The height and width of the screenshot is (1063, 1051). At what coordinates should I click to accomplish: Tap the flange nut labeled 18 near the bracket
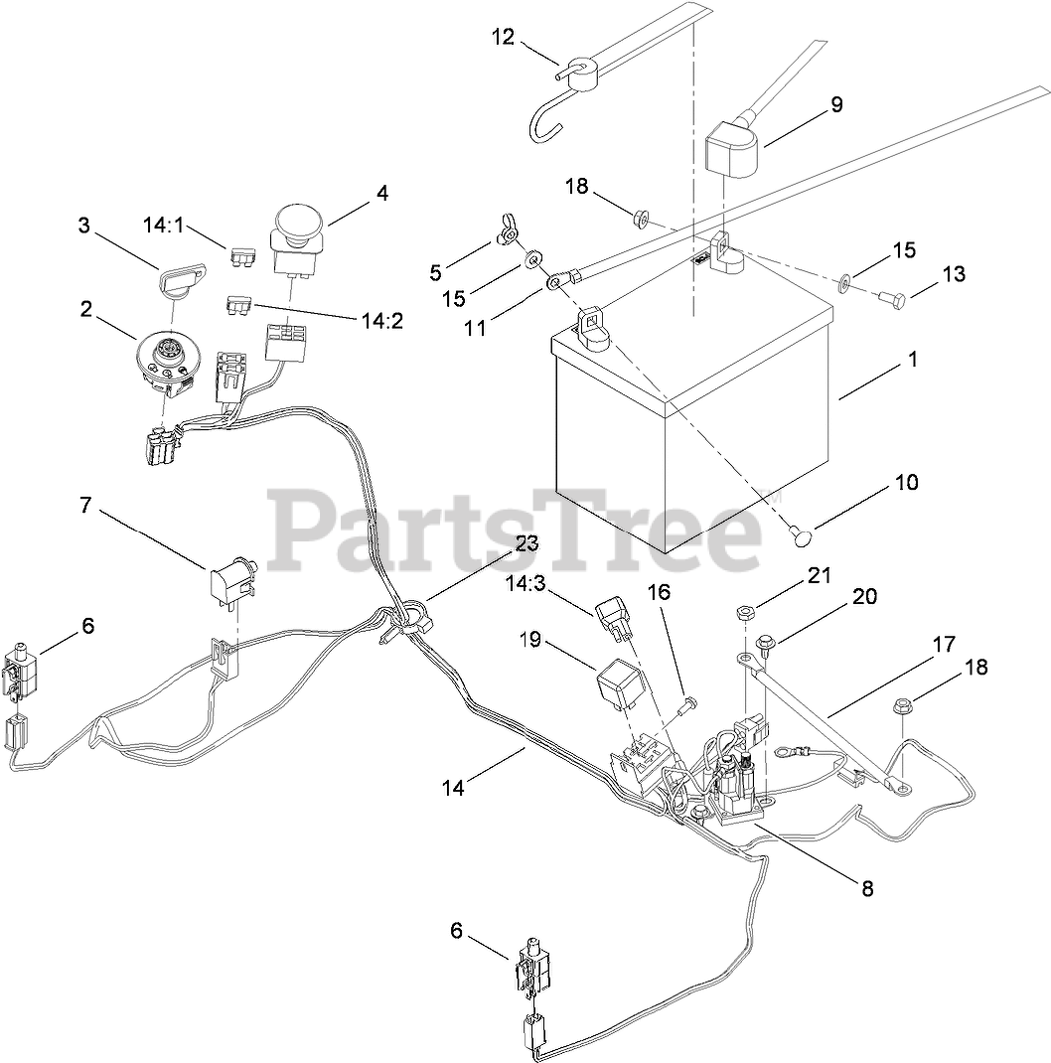(x=904, y=706)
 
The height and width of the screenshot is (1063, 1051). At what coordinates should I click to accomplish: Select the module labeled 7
(x=230, y=580)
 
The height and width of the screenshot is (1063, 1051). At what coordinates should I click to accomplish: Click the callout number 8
(x=867, y=889)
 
